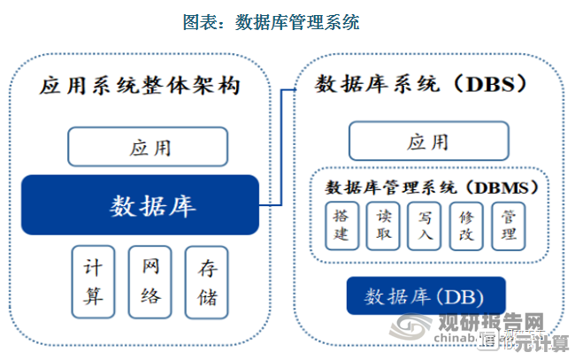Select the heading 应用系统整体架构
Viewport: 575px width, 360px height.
point(141,87)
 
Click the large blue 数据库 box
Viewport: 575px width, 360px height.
point(140,204)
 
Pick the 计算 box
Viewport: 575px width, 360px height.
point(94,281)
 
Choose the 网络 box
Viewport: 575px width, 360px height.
point(150,281)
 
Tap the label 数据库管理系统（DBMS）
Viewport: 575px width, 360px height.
point(432,187)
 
